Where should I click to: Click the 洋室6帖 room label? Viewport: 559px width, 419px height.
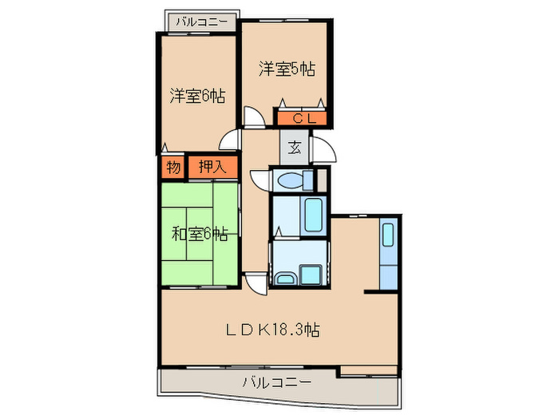point(196,97)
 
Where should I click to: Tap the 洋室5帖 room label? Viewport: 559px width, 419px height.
point(285,69)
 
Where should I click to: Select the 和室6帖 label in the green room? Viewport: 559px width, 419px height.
point(200,234)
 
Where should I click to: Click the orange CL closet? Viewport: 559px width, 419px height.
point(302,119)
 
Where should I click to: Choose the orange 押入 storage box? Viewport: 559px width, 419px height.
point(212,167)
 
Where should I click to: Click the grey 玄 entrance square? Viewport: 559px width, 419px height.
point(295,148)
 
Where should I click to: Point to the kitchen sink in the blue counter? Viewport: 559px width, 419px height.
point(387,235)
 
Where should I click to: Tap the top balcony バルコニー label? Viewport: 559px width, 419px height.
point(200,21)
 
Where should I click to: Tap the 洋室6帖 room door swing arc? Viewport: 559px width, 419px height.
point(231,141)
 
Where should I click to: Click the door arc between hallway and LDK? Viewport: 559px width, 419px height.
point(256,282)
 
